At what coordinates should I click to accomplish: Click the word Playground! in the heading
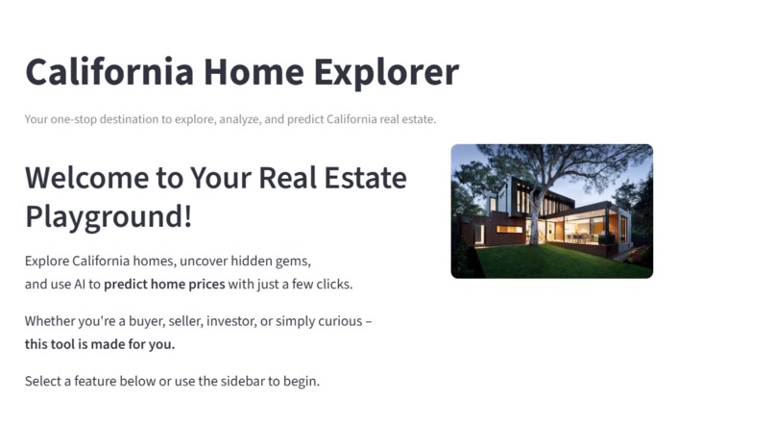click(109, 215)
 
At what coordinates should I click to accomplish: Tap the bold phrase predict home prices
click(164, 285)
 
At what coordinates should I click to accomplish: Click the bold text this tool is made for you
click(100, 344)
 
